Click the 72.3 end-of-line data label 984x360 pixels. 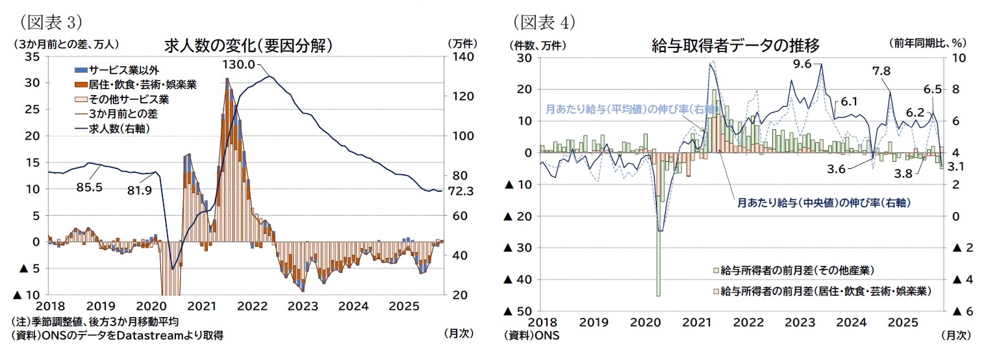(x=460, y=191)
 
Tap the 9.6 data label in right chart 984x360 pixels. (x=803, y=64)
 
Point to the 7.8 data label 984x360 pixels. (x=882, y=71)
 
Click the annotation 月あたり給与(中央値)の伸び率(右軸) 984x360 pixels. (x=823, y=203)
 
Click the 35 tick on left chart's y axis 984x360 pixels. (x=32, y=57)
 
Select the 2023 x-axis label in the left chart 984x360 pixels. (x=301, y=305)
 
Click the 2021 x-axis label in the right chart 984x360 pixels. (x=696, y=322)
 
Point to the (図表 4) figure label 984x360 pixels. (x=543, y=22)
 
